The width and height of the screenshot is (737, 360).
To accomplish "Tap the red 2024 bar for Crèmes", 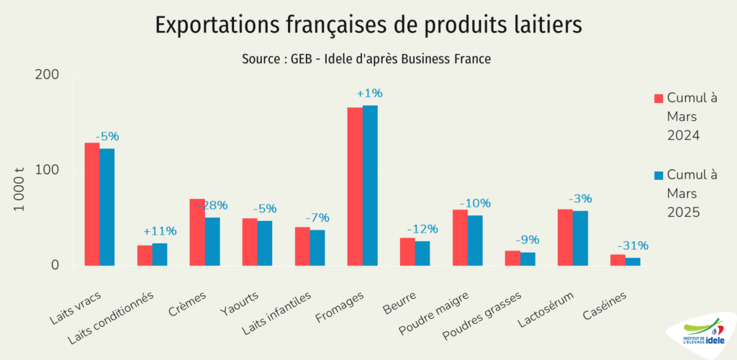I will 197,232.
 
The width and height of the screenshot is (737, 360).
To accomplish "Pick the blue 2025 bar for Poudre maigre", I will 475,240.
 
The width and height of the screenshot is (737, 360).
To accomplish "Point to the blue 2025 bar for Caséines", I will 633,261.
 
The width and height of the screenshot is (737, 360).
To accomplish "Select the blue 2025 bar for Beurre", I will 422,253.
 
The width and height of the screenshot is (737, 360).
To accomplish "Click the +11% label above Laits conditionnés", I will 160,231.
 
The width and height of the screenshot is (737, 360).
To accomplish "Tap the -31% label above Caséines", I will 633,246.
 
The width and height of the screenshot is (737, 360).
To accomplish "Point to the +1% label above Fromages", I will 370,94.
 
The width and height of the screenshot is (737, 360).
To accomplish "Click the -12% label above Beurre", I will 422,229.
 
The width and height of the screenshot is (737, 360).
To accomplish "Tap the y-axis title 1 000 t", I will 20,189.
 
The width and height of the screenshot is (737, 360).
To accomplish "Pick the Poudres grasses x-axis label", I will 471,316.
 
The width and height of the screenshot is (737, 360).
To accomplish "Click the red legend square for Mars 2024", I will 658,98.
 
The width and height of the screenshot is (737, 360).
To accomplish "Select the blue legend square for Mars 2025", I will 658,176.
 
